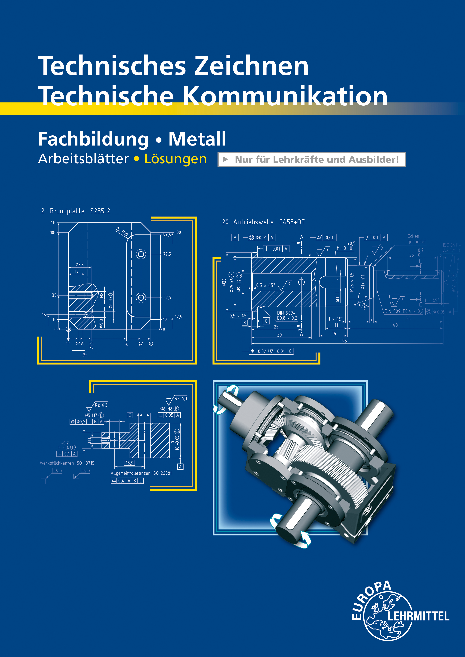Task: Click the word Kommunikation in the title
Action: click(285, 96)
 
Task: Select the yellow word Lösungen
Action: click(175, 159)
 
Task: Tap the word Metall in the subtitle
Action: click(197, 139)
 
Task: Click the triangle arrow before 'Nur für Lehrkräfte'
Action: click(226, 159)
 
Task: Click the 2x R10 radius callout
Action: click(122, 231)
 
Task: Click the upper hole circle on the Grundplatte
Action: click(141, 254)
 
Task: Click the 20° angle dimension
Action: click(364, 306)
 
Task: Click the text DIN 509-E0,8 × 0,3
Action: click(287, 316)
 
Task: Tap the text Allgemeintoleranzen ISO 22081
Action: click(141, 473)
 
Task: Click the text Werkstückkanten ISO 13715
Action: click(67, 463)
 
